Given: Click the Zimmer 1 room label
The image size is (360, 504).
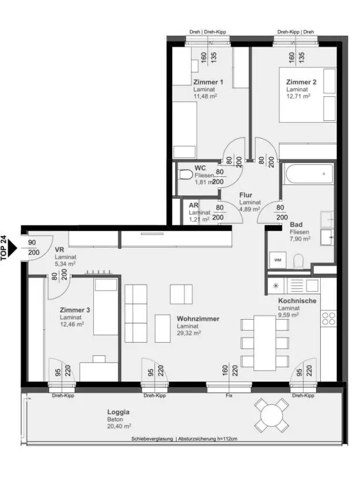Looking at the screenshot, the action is pos(208,82).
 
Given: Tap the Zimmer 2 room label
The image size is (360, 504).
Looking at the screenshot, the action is pos(301,82).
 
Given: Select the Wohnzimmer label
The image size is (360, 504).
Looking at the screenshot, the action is pos(198,319).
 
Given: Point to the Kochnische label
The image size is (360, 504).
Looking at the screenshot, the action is pos(297,301).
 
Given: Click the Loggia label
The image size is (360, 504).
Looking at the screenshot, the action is pos(118,412).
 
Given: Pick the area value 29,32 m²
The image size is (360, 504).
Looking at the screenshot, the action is pos(189,333).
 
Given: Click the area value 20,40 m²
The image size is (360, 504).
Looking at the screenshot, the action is pos(119,426).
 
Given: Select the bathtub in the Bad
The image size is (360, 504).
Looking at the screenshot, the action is pos(308,174).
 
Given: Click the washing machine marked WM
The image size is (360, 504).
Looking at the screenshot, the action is pos(278,260).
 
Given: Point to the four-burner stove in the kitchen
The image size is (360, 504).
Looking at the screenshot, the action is pos(329,318).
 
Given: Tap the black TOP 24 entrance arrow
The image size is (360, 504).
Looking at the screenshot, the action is pos(12,248).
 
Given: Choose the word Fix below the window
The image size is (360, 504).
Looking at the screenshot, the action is pos(229,395).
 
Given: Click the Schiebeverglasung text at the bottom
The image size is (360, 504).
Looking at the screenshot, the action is pos(152,439).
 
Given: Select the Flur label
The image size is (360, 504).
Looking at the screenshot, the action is pos(245,195).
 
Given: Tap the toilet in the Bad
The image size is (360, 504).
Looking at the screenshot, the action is pos(298,261).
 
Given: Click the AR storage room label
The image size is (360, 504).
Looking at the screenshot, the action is pos(194,205).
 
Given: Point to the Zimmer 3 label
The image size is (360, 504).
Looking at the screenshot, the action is pos(75,310).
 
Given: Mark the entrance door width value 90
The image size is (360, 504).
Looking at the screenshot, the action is pos(32,242).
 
